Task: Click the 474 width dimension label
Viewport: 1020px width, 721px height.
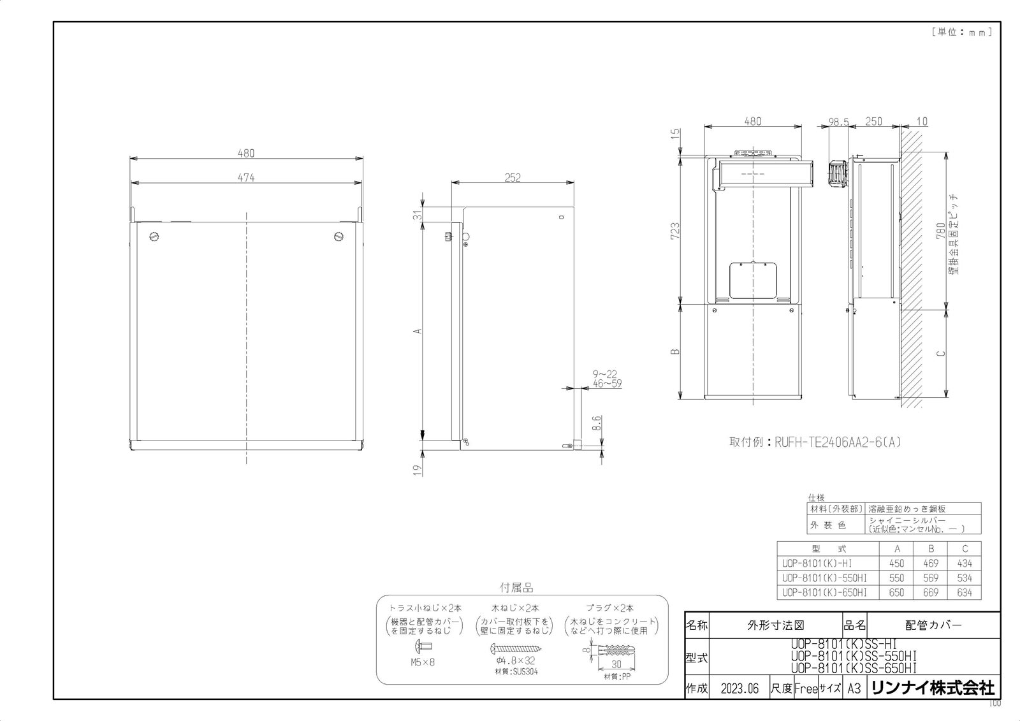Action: click(246, 178)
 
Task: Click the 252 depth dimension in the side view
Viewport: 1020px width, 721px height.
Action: click(513, 178)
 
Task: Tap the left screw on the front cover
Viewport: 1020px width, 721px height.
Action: click(153, 237)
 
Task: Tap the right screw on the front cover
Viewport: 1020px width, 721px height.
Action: click(339, 237)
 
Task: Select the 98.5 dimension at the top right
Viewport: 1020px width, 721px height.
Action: click(838, 122)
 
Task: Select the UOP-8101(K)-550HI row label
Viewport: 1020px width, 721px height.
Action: click(824, 578)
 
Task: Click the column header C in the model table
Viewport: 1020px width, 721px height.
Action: click(964, 548)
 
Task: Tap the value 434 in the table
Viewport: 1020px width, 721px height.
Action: click(964, 564)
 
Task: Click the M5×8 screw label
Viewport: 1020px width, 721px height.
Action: click(423, 662)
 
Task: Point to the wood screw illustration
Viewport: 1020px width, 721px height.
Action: click(516, 648)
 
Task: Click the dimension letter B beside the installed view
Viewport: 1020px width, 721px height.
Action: click(676, 351)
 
